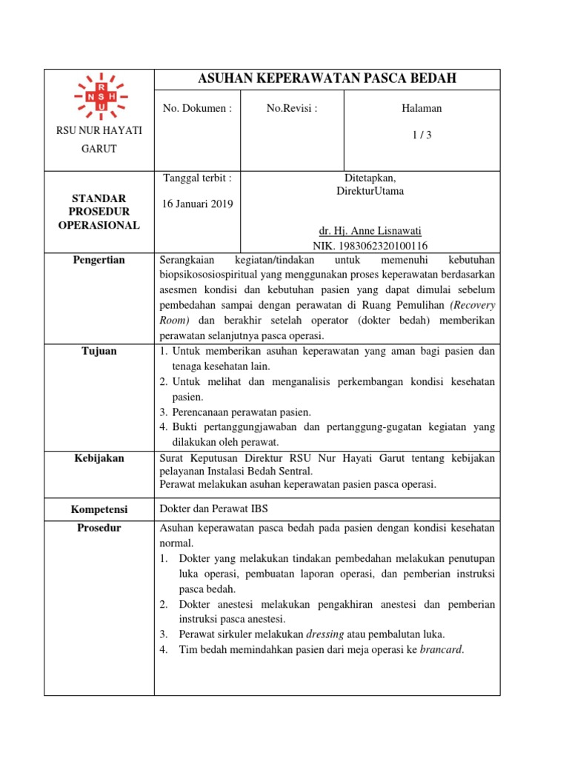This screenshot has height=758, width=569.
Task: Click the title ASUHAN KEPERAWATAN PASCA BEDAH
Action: click(327, 78)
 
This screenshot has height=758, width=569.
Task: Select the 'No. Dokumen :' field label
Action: click(197, 108)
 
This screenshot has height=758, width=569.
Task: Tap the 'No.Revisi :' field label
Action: click(292, 108)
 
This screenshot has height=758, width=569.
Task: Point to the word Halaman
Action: click(421, 108)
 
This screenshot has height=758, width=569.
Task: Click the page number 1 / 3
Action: click(421, 135)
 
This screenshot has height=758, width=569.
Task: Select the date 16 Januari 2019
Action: click(197, 204)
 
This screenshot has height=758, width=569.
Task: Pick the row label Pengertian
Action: click(99, 260)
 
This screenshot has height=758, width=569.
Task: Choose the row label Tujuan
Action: click(99, 351)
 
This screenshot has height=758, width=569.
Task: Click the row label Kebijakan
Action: click(99, 458)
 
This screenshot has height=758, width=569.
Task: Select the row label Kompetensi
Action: click(99, 509)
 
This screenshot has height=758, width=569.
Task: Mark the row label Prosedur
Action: click(99, 528)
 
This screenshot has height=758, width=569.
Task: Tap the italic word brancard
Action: click(442, 649)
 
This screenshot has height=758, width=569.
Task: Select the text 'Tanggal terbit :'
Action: click(197, 178)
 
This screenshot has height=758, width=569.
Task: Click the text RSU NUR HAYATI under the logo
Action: click(99, 131)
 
